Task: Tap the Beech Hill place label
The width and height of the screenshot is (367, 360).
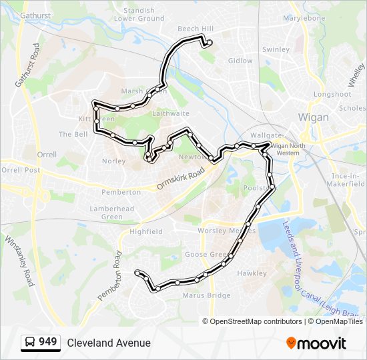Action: (x=196, y=29)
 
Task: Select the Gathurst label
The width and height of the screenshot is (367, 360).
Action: (x=35, y=15)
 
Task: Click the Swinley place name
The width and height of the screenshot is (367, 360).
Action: (x=276, y=49)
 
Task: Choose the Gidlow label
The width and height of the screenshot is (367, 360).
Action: (x=241, y=61)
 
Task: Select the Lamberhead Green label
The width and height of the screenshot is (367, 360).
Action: (x=112, y=213)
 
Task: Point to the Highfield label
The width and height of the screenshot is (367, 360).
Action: (x=146, y=231)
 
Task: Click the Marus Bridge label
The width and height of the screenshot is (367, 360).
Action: (x=202, y=295)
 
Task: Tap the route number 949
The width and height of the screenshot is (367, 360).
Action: (x=48, y=342)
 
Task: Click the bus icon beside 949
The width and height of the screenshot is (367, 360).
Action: (x=30, y=343)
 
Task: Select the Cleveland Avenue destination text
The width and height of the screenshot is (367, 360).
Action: (x=109, y=343)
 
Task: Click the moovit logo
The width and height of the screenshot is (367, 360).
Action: (x=316, y=343)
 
